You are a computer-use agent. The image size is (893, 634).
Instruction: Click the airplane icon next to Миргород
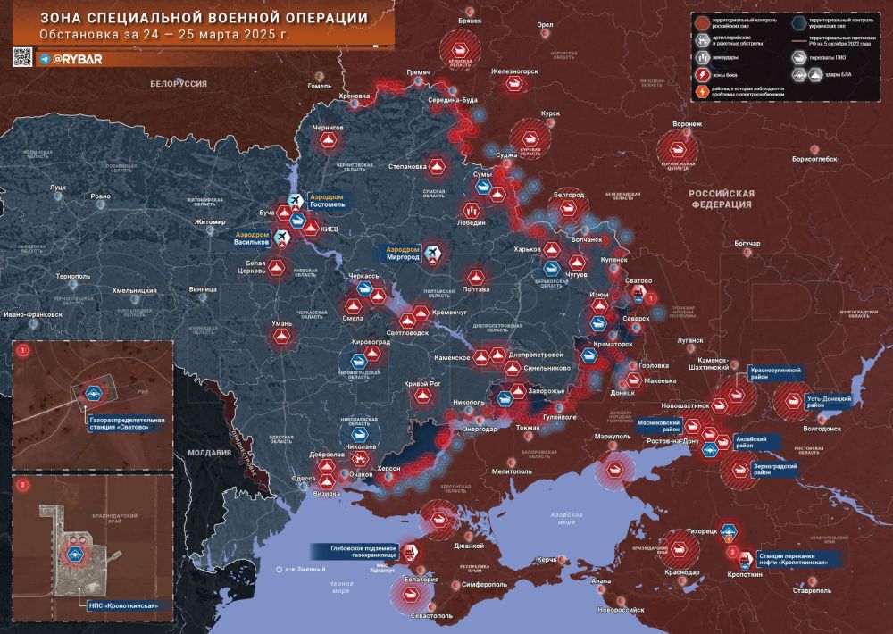(433, 254)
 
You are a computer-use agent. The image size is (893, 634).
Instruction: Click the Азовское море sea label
(565, 519)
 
